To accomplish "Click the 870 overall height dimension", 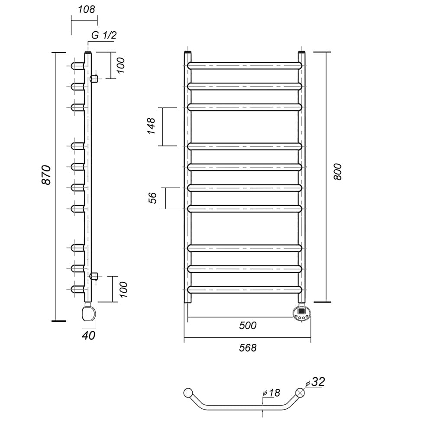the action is pyautogui.click(x=46, y=175).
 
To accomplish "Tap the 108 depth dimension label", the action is pyautogui.click(x=87, y=10).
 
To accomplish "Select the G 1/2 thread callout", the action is pyautogui.click(x=104, y=35).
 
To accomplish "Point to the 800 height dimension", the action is pyautogui.click(x=337, y=172).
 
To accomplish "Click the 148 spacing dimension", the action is pyautogui.click(x=151, y=126).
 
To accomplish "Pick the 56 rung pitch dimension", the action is pyautogui.click(x=152, y=198).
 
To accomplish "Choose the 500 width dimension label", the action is pyautogui.click(x=248, y=326).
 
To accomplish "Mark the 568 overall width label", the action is pyautogui.click(x=248, y=348).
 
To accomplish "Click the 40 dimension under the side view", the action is pyautogui.click(x=89, y=335).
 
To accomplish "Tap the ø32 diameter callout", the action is pyautogui.click(x=315, y=382).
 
